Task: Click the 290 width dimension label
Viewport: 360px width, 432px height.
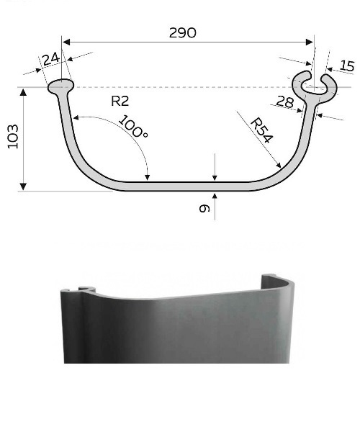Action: [x=182, y=33]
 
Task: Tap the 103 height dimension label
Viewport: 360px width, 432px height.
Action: [x=13, y=137]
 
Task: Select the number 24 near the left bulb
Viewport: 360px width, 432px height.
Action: [x=51, y=59]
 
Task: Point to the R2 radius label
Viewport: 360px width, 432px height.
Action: [x=120, y=101]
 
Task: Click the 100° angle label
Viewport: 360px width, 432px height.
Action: [x=134, y=126]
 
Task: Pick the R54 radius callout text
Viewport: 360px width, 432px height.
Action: [x=261, y=130]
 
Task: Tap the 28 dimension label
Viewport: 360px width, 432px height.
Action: [x=285, y=102]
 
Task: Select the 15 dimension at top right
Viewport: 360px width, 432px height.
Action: [x=347, y=66]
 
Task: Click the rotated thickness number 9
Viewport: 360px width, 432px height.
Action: [x=204, y=208]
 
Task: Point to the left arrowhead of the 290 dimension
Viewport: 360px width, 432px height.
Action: [x=66, y=42]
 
